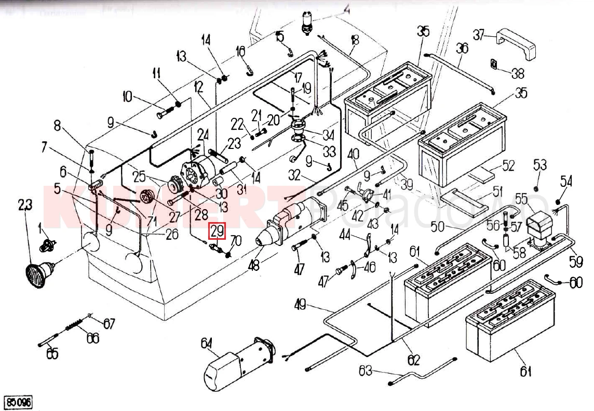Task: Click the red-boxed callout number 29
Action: (217, 231)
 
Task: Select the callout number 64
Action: (207, 344)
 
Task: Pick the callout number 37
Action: (479, 35)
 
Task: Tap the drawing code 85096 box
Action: (18, 402)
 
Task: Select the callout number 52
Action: (508, 166)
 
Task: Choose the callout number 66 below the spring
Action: (92, 338)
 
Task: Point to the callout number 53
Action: (540, 166)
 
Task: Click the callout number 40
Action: (353, 154)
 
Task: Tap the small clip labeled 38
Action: (494, 64)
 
